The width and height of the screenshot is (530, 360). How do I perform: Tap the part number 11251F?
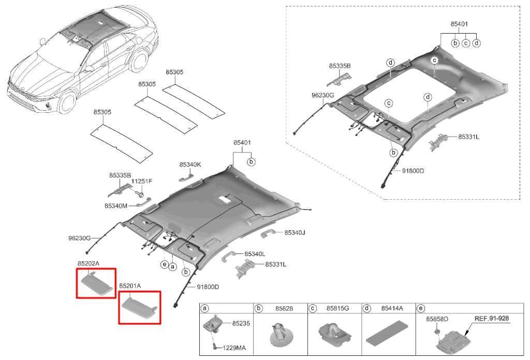click(x=141, y=182)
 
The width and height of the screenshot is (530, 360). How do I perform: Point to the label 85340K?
click(x=190, y=164)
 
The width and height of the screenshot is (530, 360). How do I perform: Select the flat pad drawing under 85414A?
click(x=388, y=335)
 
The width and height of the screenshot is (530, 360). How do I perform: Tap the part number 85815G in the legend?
click(x=337, y=308)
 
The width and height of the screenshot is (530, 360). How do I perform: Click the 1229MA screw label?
click(x=233, y=348)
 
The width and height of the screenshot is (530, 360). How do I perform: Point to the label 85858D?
click(x=437, y=319)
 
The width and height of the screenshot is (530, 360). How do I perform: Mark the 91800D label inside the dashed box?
click(x=413, y=171)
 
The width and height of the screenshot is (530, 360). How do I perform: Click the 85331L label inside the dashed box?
click(x=468, y=137)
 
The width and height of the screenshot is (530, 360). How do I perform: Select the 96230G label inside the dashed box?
click(x=323, y=96)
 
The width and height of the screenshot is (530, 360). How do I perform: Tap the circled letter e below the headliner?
click(x=164, y=264)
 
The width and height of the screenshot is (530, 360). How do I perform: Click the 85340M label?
click(x=115, y=205)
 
